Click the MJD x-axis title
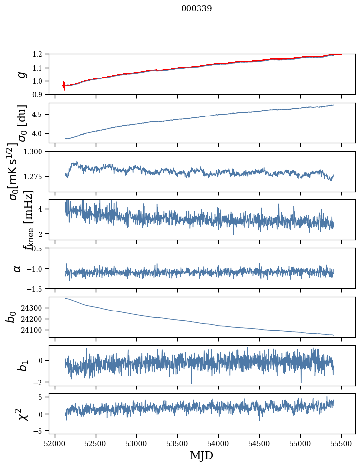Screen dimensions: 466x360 pyautogui.click(x=201, y=455)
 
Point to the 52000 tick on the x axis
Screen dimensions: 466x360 pyautogui.click(x=55, y=443)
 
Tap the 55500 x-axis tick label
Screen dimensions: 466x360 pyautogui.click(x=341, y=443)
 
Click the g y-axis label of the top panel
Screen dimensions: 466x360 pyautogui.click(x=21, y=74)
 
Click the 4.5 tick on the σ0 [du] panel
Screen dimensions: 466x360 pyautogui.click(x=43, y=115)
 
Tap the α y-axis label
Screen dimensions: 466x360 pyautogui.click(x=17, y=268)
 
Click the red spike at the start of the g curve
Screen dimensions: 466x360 pyautogui.click(x=64, y=85)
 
